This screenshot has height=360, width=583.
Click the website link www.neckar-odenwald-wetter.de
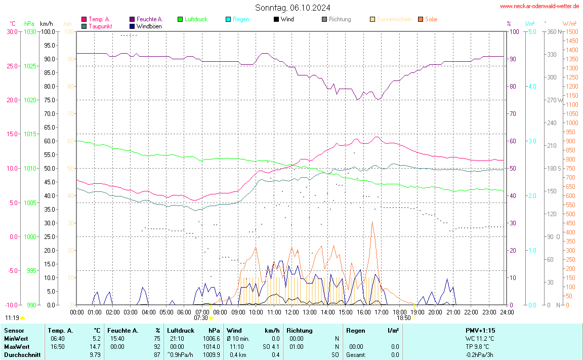[x=539, y=6]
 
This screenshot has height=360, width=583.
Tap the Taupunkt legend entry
[x=100, y=26]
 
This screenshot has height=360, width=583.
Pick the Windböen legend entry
[x=149, y=26]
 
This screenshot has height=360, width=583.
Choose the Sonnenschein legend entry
[x=394, y=19]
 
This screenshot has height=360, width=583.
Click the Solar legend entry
[x=431, y=19]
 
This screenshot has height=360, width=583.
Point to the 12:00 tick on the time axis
[x=291, y=312]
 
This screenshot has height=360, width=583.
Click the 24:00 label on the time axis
[x=507, y=312]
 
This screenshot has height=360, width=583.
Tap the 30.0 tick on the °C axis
[x=12, y=31]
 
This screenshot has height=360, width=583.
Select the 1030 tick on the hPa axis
[x=30, y=31]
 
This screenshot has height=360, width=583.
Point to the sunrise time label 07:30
[x=201, y=318]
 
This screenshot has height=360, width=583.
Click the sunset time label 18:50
[x=403, y=318]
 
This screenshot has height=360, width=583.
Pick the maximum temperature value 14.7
[x=95, y=346]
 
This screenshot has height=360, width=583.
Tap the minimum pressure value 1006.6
[x=211, y=338]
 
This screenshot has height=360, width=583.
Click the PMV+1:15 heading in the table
[x=480, y=330]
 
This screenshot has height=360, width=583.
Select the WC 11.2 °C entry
[x=480, y=338]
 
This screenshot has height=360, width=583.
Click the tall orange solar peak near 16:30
[x=372, y=223]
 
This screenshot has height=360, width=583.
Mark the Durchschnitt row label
[x=22, y=354]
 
